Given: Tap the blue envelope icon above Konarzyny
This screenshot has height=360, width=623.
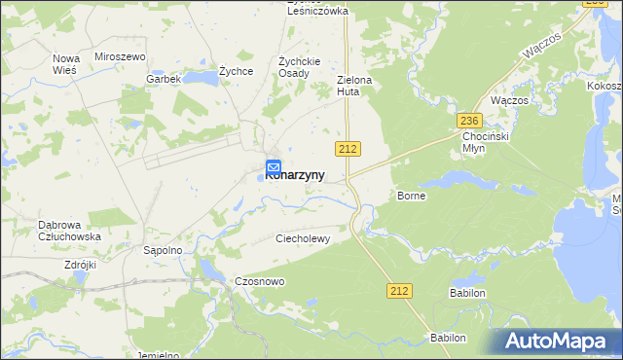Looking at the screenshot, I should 274,166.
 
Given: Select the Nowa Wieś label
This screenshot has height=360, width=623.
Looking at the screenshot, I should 65,64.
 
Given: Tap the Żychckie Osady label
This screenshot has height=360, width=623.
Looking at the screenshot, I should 294,66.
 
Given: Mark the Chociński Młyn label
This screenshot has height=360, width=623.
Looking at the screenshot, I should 482,142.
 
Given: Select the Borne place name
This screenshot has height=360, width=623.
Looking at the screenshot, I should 412,196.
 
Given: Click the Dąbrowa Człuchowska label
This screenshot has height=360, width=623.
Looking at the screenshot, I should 69,230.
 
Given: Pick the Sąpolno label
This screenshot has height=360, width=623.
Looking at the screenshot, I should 164,250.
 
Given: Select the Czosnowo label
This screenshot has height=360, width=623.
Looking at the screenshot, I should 259,281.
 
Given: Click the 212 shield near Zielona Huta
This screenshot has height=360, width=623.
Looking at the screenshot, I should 348,148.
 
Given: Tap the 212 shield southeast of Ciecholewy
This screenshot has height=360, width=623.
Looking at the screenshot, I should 399,291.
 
